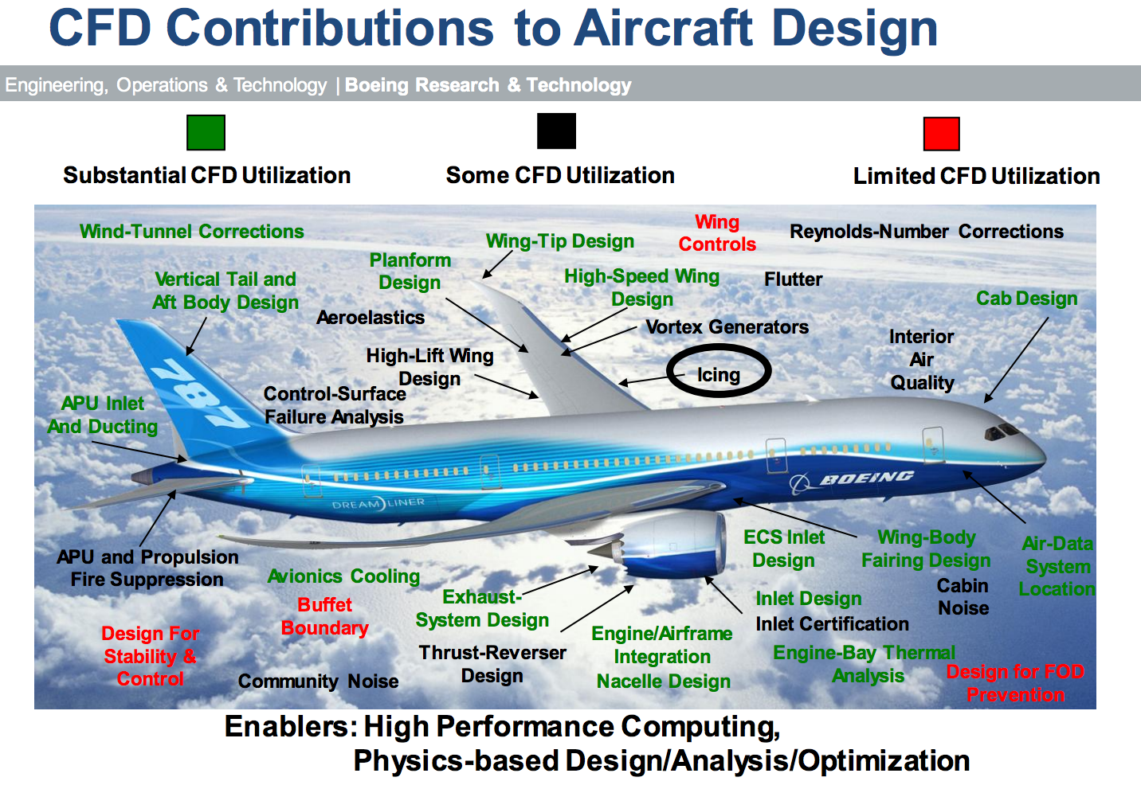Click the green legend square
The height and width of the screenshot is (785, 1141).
tap(206, 132)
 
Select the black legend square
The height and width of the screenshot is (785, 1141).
tap(556, 131)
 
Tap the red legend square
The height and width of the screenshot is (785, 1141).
tap(941, 134)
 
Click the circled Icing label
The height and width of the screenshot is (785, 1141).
tap(718, 375)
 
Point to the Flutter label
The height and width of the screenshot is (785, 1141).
tap(793, 279)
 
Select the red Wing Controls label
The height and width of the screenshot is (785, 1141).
tap(717, 233)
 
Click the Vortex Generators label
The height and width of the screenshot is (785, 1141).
tap(727, 327)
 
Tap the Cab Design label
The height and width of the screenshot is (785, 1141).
tap(1026, 299)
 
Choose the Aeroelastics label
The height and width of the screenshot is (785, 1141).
tap(371, 318)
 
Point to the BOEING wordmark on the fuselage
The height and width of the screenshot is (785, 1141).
tap(866, 478)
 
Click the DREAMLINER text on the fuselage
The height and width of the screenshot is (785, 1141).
tap(378, 504)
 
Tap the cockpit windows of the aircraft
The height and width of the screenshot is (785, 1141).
tap(1002, 432)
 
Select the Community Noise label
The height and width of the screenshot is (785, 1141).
tap(318, 682)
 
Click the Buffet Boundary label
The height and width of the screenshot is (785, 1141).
tap(324, 616)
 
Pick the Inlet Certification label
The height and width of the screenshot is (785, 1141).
tap(832, 624)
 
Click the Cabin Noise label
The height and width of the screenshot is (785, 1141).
tap(963, 596)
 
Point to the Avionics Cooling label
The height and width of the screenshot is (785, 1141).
tap(343, 576)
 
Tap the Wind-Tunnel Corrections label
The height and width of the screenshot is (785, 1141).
tap(191, 232)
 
